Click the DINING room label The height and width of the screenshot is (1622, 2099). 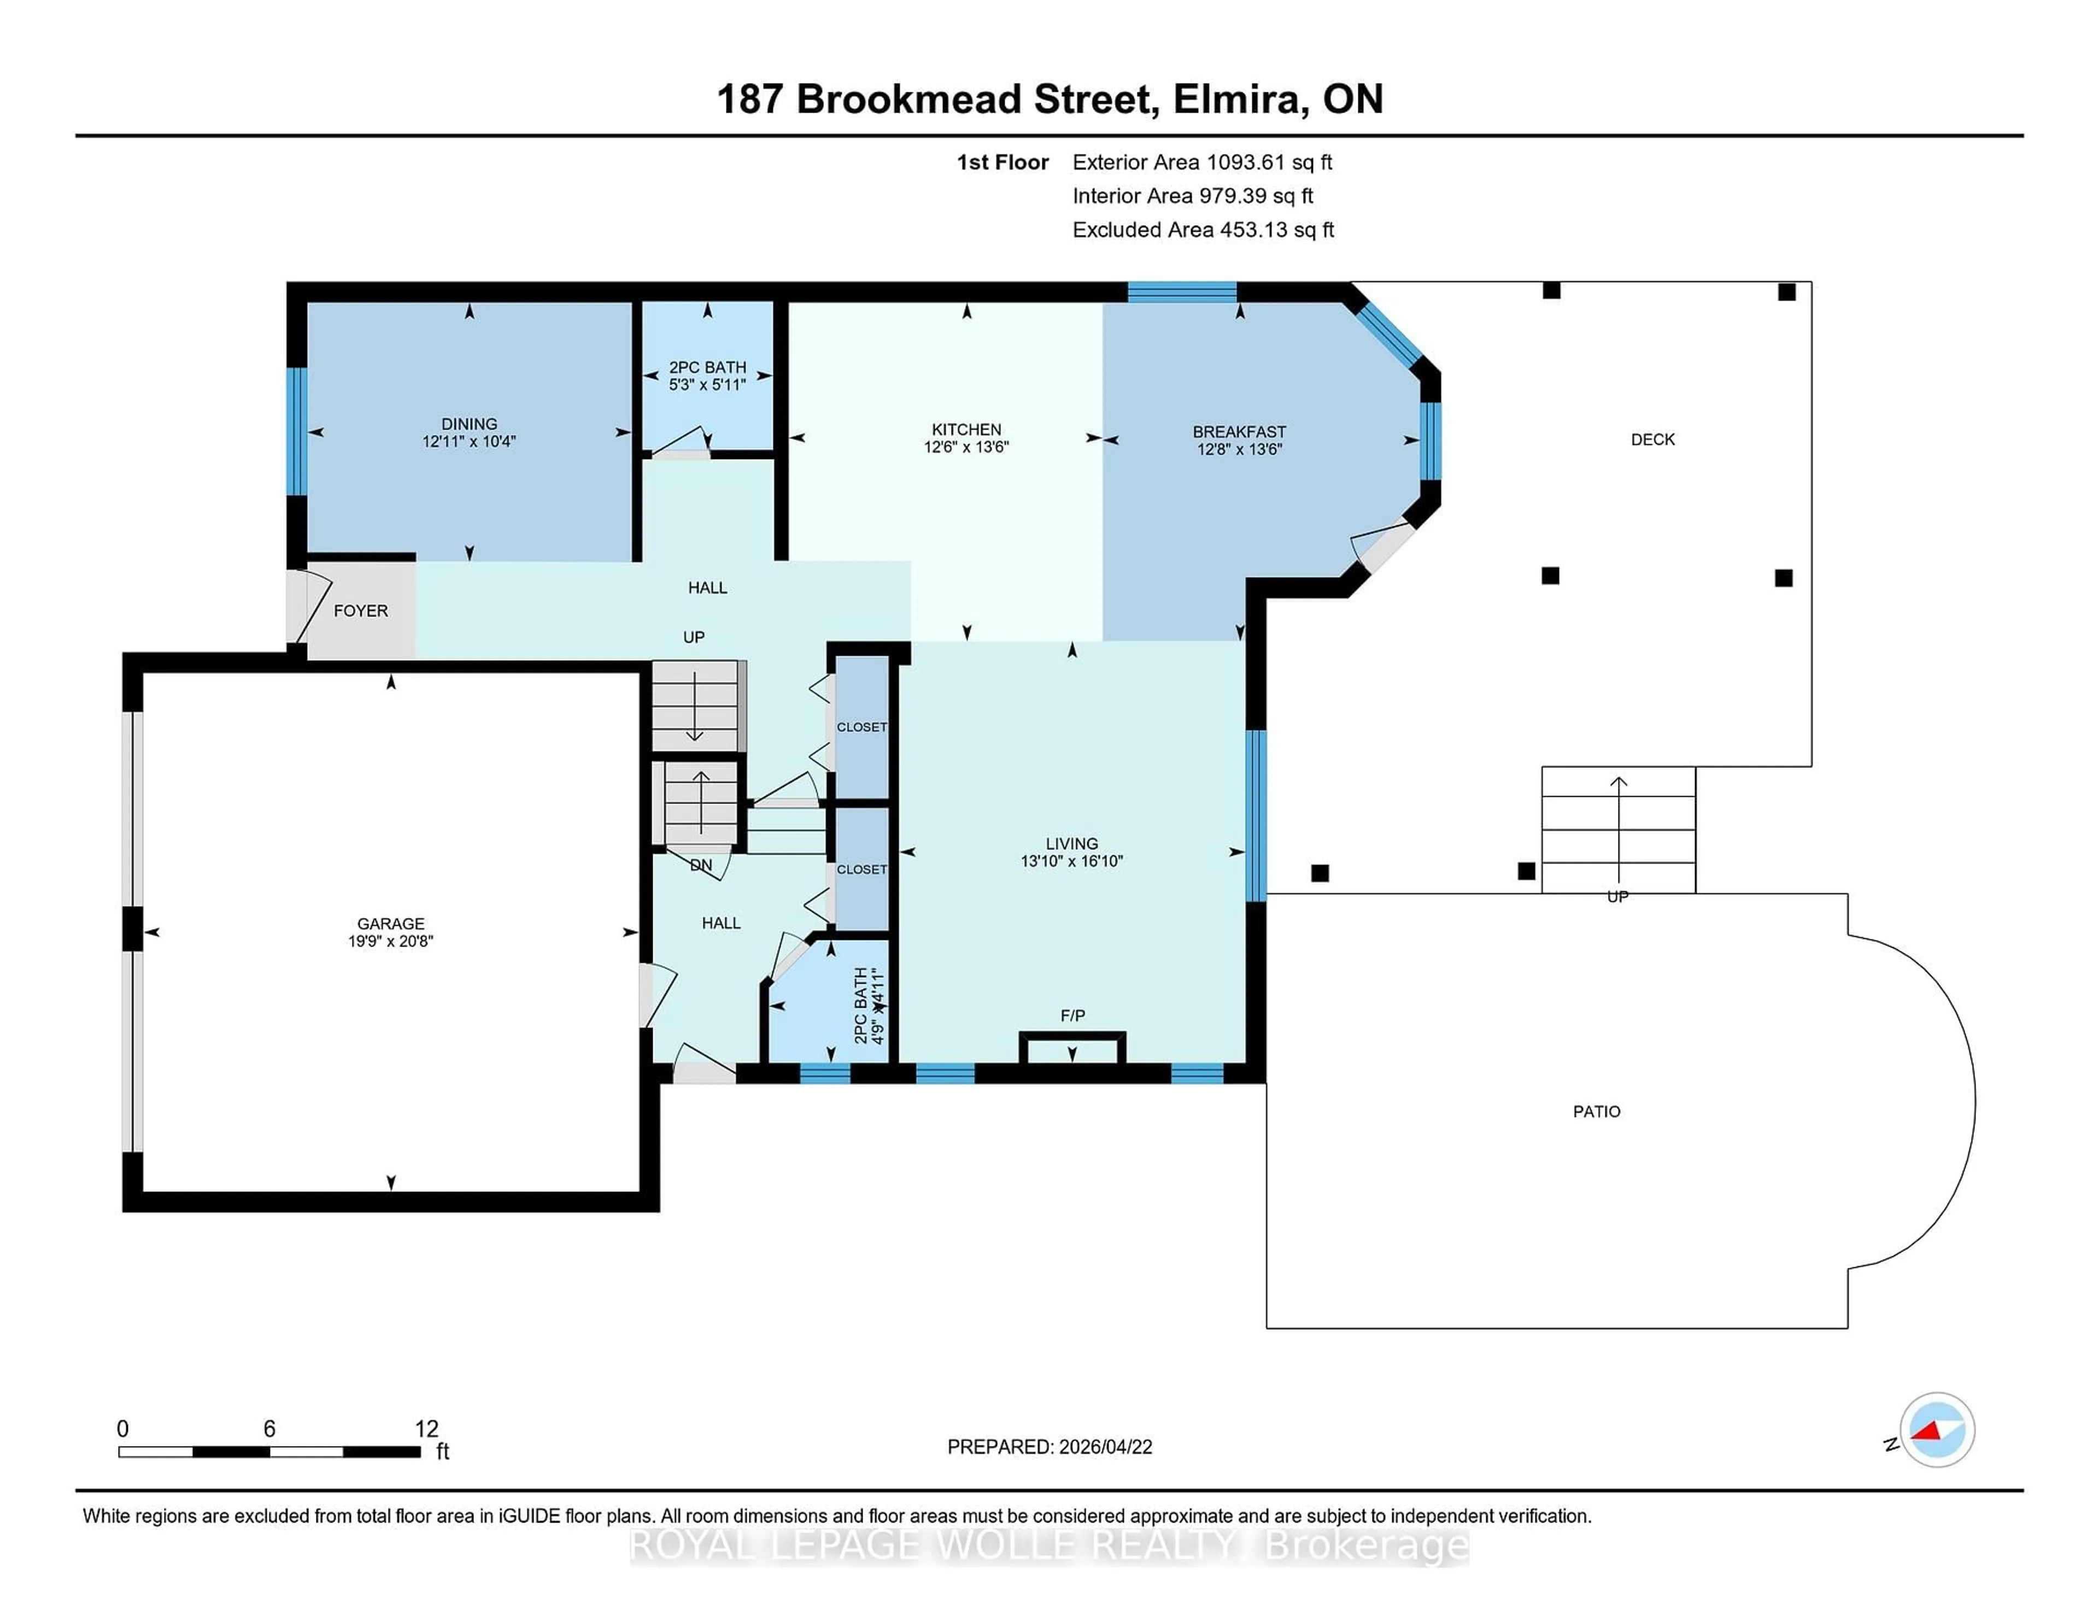(x=469, y=424)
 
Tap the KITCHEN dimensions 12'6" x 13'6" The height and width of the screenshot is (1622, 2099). (x=966, y=447)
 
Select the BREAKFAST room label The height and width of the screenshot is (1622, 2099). (x=1239, y=431)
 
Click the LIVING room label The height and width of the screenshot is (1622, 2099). (x=1071, y=843)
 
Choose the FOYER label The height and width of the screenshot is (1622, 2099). (x=360, y=611)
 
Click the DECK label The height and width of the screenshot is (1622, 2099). (x=1652, y=439)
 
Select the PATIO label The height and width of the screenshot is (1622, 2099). (x=1596, y=1112)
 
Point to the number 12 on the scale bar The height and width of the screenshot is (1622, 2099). (x=426, y=1429)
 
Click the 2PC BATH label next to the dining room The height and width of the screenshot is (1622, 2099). (x=707, y=367)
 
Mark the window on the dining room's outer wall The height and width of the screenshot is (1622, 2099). (x=297, y=431)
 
